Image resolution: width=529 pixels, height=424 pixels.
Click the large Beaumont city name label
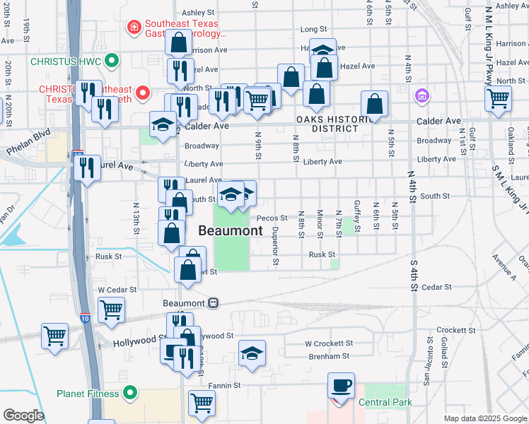(230, 230)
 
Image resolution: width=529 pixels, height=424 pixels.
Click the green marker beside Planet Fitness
(129, 392)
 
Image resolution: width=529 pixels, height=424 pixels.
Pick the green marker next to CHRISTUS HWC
(110, 61)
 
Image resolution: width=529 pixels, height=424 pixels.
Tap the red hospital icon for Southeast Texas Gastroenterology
(132, 27)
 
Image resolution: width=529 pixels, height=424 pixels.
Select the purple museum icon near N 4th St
(422, 95)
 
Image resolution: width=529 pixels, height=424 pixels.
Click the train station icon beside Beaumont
(212, 302)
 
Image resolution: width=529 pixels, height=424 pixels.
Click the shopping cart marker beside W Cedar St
(111, 310)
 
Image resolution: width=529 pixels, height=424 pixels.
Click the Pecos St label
(272, 218)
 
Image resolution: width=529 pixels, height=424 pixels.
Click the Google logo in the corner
(23, 416)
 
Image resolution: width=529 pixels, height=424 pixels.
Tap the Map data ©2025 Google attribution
(485, 418)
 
